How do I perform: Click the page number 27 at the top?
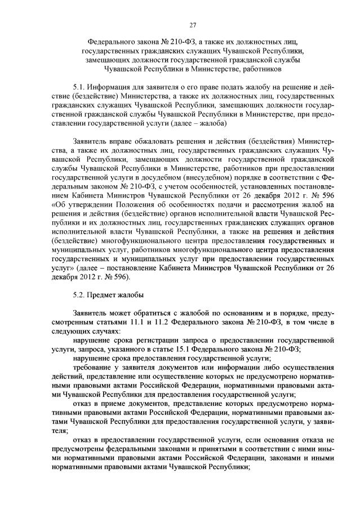pyautogui.click(x=193, y=24)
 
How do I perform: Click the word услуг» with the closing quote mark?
pyautogui.click(x=63, y=267)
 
